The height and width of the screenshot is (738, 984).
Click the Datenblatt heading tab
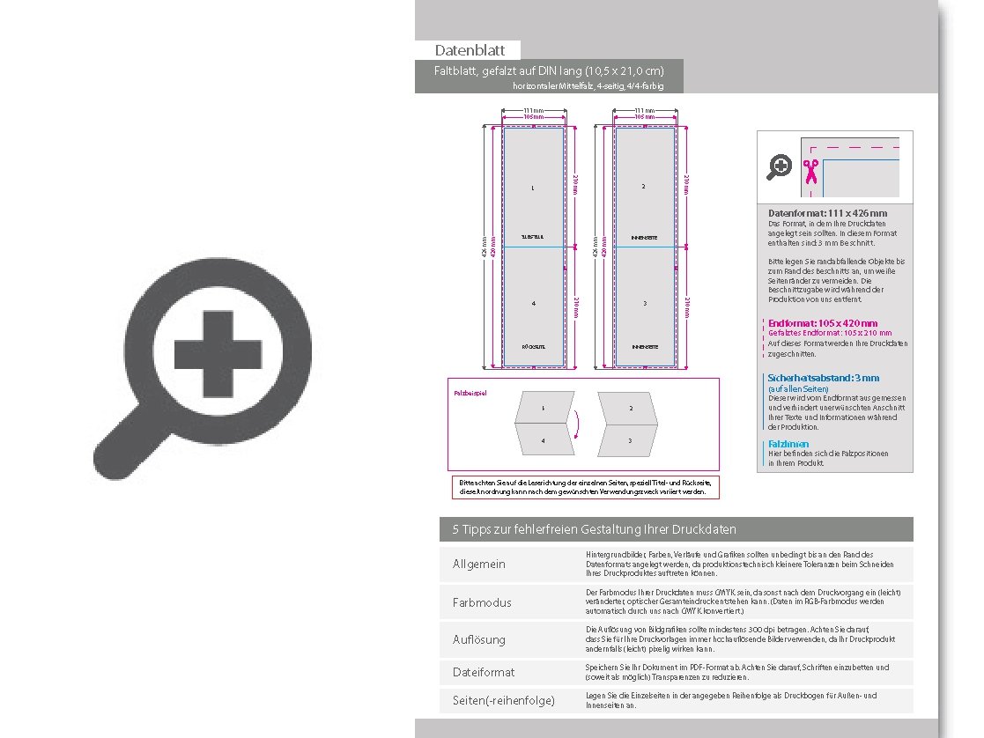pos(468,50)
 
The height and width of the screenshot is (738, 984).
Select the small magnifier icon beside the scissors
pos(779,166)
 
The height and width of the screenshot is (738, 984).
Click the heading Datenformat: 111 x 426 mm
pos(827,213)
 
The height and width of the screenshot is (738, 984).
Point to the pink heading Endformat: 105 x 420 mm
pos(823,323)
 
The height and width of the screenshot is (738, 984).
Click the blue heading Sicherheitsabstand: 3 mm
pos(823,378)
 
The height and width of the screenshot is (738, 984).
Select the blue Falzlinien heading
pos(788,444)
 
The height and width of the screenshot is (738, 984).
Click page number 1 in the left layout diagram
pos(533,188)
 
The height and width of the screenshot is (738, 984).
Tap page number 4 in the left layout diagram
pos(533,304)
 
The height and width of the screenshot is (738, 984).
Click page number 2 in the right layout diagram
pos(644,187)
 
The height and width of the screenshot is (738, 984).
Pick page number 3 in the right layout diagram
pos(644,304)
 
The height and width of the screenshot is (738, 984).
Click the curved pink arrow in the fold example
pos(577,424)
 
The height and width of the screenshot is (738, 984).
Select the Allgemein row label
pos(479,564)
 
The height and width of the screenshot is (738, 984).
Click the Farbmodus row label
pos(481,602)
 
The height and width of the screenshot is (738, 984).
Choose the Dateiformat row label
pos(484,672)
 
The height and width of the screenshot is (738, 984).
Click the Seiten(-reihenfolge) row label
pos(503,701)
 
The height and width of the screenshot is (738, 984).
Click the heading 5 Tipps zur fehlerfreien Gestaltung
pos(594,529)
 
